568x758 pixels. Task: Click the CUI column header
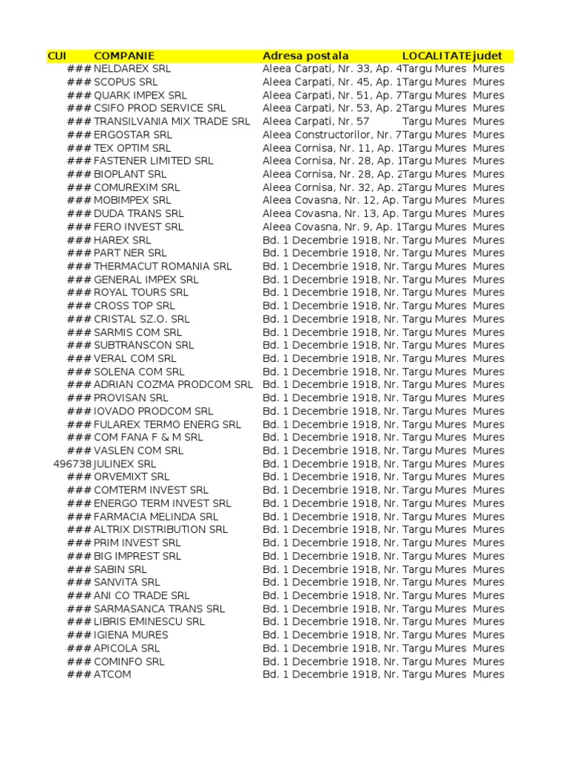click(x=57, y=56)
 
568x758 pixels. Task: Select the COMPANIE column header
click(x=124, y=56)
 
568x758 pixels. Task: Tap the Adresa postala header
click(x=305, y=56)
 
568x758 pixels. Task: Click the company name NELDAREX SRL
click(x=132, y=69)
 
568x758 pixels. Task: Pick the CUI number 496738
click(x=72, y=464)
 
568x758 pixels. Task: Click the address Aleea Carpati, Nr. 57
click(x=316, y=121)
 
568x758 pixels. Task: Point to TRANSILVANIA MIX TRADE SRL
click(x=172, y=121)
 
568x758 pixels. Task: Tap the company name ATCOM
click(x=112, y=674)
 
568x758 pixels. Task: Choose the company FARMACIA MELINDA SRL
click(x=156, y=517)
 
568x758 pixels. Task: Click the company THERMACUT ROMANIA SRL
click(x=163, y=266)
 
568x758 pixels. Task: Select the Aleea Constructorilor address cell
click(x=331, y=135)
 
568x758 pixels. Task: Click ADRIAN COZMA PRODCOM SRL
click(x=173, y=385)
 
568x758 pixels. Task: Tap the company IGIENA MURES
click(x=131, y=635)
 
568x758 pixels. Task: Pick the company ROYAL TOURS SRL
click(x=141, y=292)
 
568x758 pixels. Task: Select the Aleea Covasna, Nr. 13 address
click(x=331, y=214)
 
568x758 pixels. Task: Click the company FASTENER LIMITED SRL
click(x=153, y=161)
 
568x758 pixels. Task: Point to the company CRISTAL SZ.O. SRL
click(x=141, y=319)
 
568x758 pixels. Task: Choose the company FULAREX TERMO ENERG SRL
click(x=167, y=424)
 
